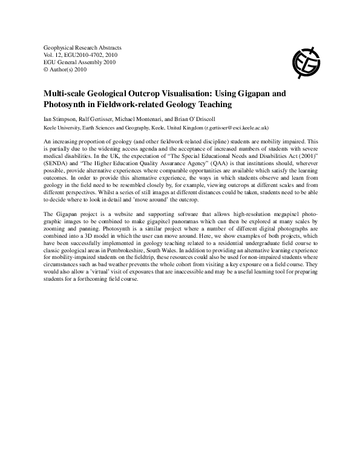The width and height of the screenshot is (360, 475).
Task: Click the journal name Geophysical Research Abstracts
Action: pos(83,47)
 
